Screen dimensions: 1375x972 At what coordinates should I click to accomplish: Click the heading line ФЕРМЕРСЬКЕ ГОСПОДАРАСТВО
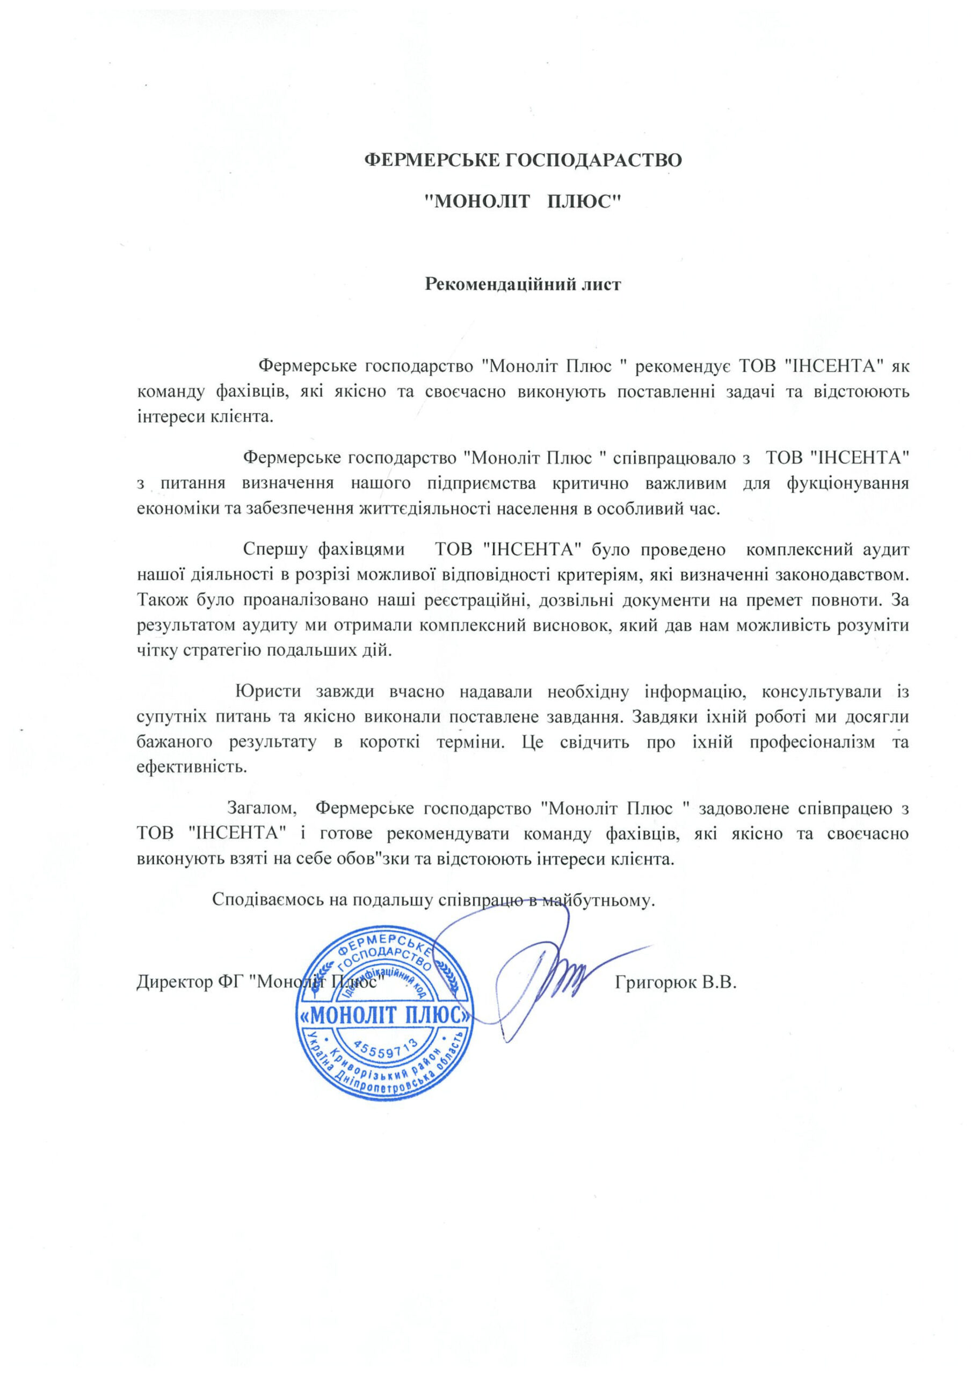(523, 161)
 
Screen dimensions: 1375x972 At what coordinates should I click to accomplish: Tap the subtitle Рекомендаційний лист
(523, 284)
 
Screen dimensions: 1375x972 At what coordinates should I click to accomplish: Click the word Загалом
(262, 809)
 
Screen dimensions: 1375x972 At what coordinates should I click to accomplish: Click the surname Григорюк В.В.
(676, 983)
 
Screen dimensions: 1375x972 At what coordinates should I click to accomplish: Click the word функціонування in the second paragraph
(847, 483)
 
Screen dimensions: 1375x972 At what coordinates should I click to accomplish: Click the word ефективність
(192, 767)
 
